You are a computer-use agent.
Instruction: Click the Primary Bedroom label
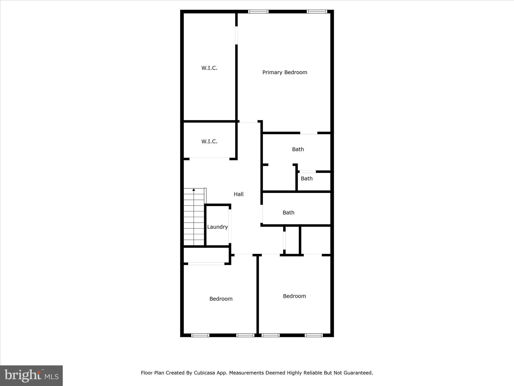[x=285, y=72]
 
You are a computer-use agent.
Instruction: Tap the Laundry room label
[x=217, y=227]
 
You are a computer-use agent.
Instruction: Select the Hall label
[x=238, y=194]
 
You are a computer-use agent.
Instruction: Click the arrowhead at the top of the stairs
[x=194, y=190]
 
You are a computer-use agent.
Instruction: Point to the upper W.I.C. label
[x=209, y=68]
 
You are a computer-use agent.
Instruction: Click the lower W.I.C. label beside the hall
[x=209, y=141]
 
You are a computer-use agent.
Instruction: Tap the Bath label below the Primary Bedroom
[x=298, y=149]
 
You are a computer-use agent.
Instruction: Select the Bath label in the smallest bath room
[x=307, y=178]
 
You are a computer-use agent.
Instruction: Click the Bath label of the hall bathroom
[x=288, y=213]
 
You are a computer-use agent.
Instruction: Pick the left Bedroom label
[x=221, y=299]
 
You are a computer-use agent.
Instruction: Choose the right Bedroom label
[x=294, y=296]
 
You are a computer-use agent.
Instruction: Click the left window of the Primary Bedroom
[x=258, y=12]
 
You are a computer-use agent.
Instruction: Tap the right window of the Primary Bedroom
[x=317, y=12]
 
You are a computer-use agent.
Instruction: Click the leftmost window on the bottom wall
[x=200, y=335]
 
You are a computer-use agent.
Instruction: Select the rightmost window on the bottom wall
[x=314, y=335]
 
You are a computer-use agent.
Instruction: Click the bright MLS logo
[x=31, y=375]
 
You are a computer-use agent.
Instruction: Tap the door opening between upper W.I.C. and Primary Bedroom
[x=236, y=35]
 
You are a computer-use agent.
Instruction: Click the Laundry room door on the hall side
[x=230, y=226]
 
